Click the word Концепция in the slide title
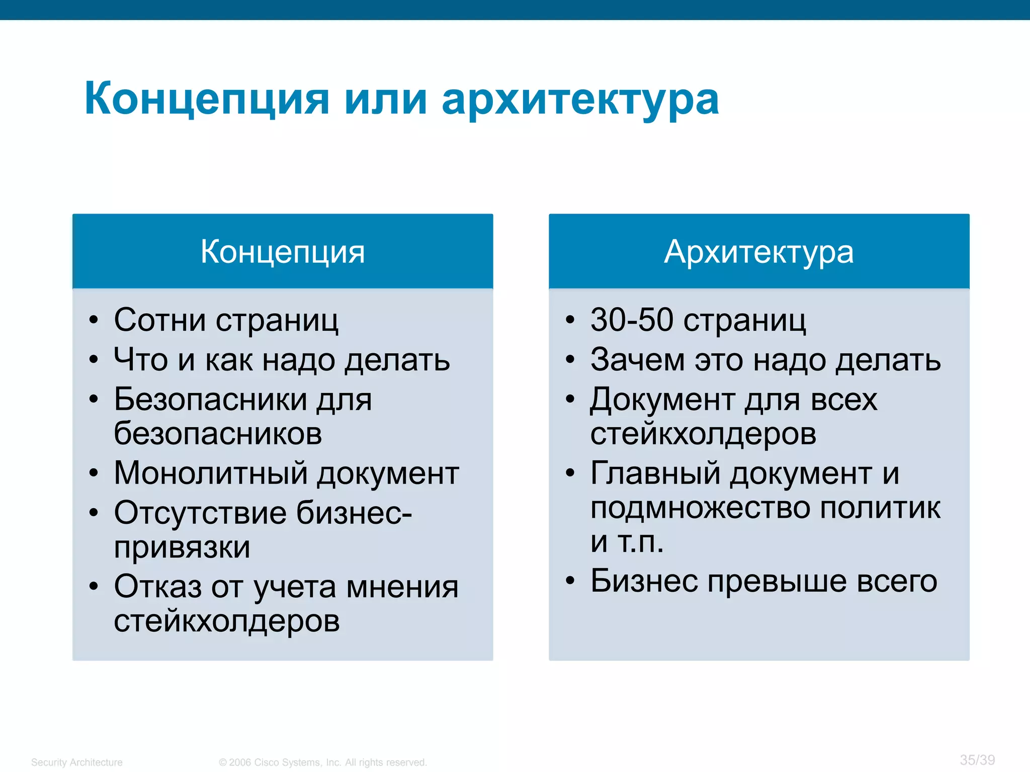coord(207,99)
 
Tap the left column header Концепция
coord(283,251)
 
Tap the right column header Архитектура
coord(758,251)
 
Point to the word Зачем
coord(637,360)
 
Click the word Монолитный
coord(211,473)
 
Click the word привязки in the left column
coord(182,547)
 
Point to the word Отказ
coord(157,587)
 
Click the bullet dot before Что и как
coord(94,360)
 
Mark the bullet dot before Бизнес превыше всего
coord(570,581)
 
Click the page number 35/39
coord(977,760)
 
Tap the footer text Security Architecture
coord(76,762)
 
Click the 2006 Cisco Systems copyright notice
coord(322,762)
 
